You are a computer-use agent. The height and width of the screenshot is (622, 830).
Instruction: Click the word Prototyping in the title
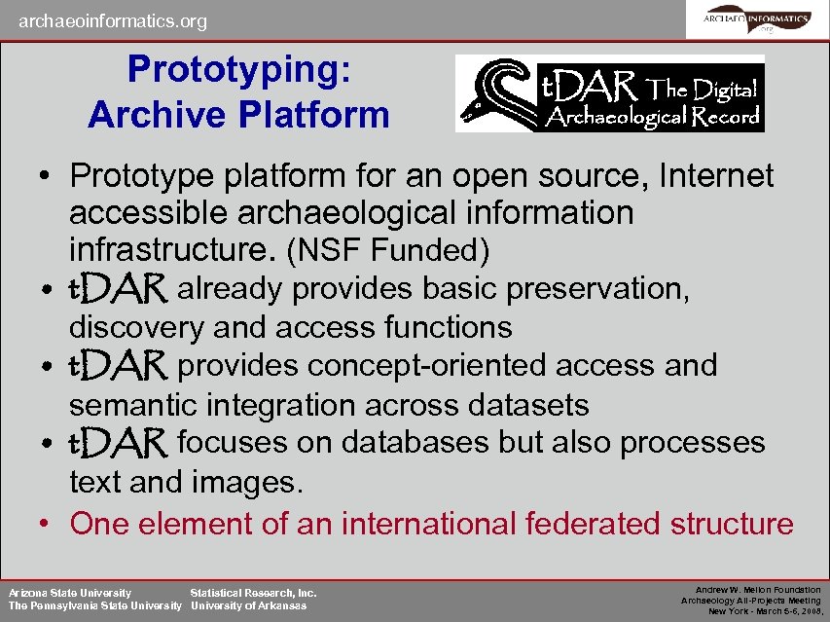239,69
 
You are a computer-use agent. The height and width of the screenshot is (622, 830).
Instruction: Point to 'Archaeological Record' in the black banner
653,116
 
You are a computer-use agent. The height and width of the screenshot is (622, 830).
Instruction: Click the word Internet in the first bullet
716,176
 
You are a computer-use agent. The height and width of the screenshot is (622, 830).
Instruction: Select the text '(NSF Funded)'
386,251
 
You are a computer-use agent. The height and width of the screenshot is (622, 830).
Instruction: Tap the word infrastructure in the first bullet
173,250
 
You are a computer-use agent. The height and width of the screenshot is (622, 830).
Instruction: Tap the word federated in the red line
593,524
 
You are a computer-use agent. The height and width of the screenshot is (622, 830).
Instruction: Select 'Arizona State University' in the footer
70,592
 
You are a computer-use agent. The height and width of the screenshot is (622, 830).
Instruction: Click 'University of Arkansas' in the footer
248,605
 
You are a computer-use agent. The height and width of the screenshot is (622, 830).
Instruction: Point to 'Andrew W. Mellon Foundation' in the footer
758,590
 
